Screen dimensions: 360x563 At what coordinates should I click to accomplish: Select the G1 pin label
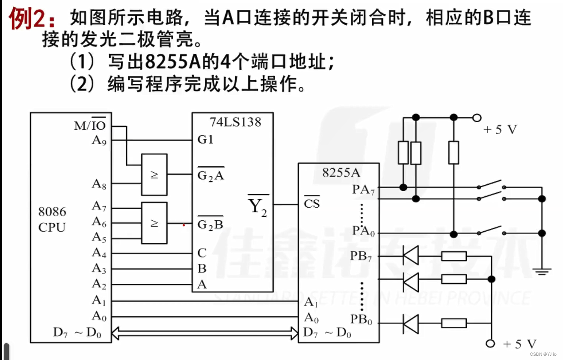205,140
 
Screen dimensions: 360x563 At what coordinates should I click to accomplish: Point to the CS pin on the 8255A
311,203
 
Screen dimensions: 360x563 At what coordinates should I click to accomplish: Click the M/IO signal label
90,125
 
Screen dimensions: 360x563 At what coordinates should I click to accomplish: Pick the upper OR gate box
154,174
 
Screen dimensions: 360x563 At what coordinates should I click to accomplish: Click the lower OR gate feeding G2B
154,223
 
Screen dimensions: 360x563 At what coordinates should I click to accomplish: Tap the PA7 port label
364,189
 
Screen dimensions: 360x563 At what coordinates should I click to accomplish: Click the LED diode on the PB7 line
411,256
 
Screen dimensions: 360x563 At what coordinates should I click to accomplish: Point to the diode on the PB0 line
411,323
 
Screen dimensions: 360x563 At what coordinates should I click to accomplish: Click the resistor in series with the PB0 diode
453,323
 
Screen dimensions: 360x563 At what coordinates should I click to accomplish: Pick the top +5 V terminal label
500,130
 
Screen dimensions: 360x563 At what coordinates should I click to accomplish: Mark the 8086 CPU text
52,219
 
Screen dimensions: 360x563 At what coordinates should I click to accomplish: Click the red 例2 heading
32,19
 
